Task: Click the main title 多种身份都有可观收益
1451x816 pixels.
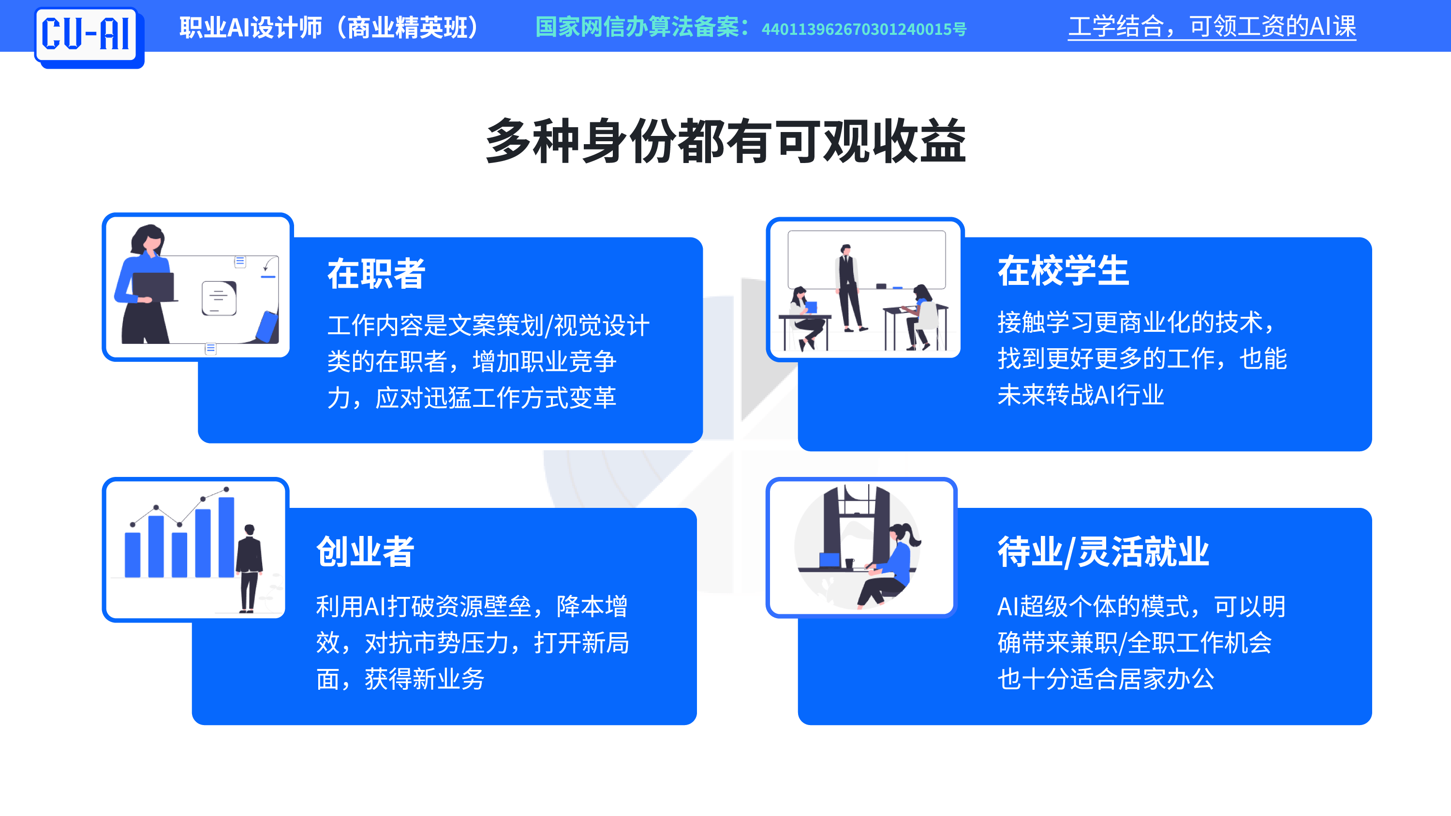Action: click(725, 141)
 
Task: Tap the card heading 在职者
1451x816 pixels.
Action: click(376, 274)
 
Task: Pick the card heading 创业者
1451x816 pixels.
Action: click(365, 551)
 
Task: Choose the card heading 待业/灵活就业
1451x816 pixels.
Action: click(1103, 551)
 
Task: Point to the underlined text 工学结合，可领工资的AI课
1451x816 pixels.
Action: click(1212, 27)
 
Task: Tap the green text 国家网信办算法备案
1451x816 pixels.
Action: click(637, 27)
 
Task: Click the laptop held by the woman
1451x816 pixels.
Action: click(154, 287)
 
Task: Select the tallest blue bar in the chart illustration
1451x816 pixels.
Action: click(226, 537)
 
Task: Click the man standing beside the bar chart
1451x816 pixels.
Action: click(249, 568)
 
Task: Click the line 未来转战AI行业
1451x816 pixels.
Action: click(1081, 395)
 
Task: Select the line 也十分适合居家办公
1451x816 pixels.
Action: click(1106, 679)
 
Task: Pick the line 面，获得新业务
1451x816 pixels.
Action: click(400, 679)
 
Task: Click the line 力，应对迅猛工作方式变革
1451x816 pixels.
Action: click(472, 398)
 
